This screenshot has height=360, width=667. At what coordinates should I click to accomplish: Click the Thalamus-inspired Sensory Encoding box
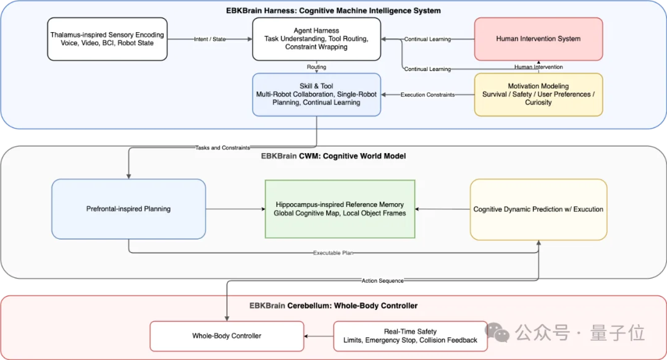coord(107,39)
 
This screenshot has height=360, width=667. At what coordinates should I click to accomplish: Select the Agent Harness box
coord(316,39)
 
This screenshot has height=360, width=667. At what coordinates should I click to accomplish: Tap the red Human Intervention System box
coord(539,39)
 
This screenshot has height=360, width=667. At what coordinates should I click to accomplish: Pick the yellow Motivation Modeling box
coord(539,94)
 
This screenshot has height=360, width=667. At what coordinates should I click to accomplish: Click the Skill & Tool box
coord(316,94)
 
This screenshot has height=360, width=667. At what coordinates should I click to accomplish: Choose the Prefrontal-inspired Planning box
coord(128,209)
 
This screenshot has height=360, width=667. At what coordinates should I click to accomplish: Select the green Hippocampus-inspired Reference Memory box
coord(340,209)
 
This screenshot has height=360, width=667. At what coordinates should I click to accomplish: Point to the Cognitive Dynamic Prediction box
coord(539,209)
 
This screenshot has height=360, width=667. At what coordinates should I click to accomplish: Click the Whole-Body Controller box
coord(227,336)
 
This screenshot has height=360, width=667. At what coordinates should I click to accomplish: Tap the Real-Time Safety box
coord(411,336)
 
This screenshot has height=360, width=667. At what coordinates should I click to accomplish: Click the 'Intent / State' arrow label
coord(210,39)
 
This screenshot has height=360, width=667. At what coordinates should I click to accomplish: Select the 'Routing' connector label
coord(316,67)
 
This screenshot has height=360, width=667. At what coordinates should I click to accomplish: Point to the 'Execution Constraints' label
coord(427,95)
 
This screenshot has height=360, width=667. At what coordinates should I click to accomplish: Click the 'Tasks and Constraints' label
coord(222,148)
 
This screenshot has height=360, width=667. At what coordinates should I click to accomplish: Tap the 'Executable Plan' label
coord(333,253)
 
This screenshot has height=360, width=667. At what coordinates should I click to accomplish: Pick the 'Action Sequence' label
coord(382,281)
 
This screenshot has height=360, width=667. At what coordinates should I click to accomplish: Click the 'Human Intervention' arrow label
coord(539,67)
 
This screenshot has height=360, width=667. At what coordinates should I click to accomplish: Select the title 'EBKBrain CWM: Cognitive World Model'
coord(333,156)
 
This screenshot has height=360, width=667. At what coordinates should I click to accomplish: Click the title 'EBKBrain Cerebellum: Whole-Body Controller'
coord(333,306)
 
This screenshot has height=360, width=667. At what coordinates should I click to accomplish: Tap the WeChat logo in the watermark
coord(497,332)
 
